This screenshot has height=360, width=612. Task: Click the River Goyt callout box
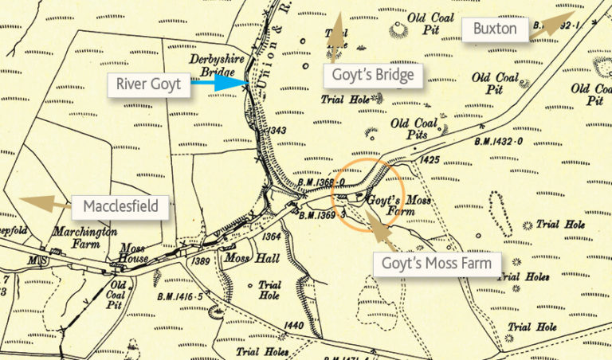pos(150,84)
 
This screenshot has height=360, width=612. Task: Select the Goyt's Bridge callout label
pos(371,76)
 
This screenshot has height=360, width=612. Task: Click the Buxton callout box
pos(495,31)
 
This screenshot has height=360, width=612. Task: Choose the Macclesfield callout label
pos(125,208)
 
